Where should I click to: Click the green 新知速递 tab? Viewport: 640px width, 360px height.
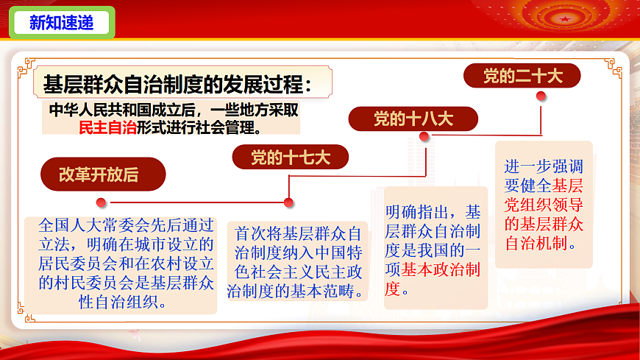[x=62, y=23]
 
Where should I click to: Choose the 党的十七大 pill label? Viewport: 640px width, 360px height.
[x=291, y=157]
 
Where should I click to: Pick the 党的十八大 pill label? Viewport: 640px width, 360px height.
[x=413, y=119]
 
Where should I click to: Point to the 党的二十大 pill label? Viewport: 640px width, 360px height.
[x=522, y=76]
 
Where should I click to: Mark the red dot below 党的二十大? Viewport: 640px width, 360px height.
[x=541, y=95]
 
